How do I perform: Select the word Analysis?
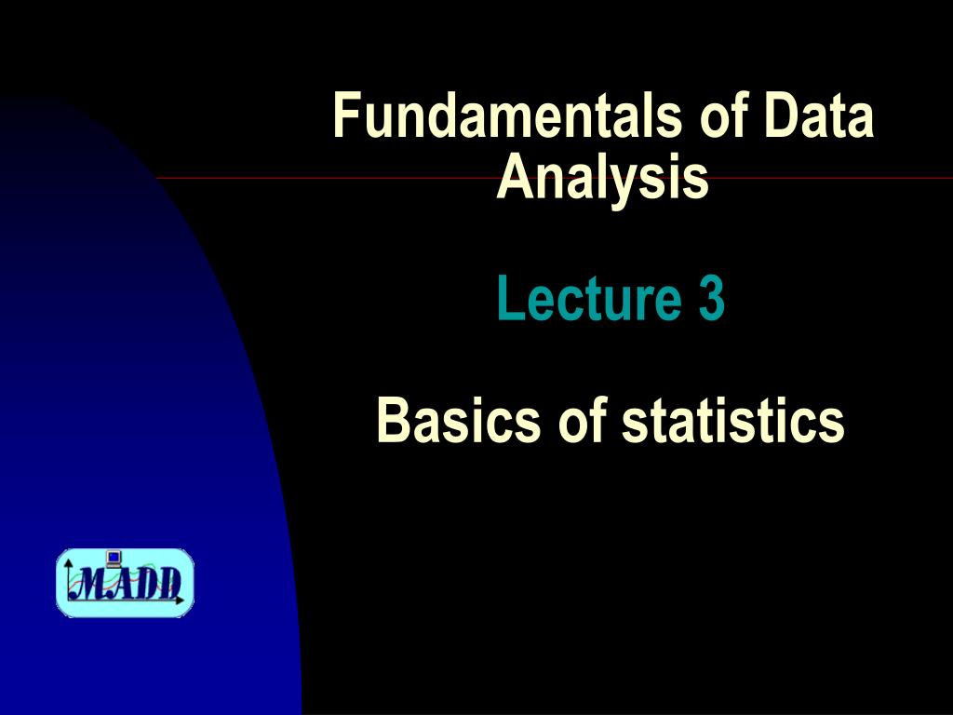[603, 178]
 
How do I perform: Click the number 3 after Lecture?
[710, 300]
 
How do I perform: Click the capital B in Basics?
[391, 421]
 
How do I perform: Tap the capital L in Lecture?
[508, 300]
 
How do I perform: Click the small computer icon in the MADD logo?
[114, 559]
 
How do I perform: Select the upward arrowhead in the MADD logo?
[68, 563]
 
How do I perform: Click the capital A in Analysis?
[513, 178]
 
